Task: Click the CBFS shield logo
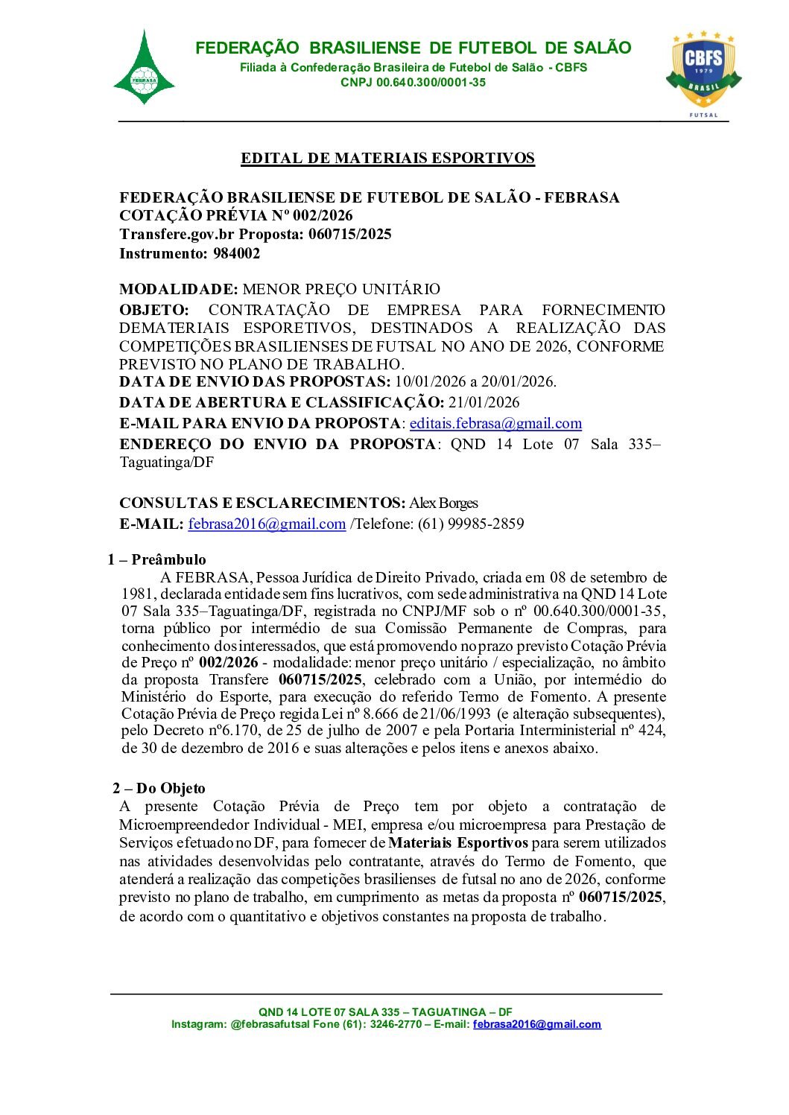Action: pos(703,69)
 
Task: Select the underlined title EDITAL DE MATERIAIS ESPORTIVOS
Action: pos(387,159)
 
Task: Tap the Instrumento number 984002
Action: pos(236,253)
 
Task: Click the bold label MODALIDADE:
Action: pos(179,289)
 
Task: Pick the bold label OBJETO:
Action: pos(154,310)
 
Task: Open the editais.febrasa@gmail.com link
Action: pos(495,424)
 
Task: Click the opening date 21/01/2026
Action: pos(484,403)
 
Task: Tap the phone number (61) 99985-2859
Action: pos(471,524)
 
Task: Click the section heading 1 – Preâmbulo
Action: pos(156,560)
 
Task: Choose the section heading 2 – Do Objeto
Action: pos(159,789)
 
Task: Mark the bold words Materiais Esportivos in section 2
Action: pos(458,843)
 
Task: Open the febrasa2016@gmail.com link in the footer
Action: pos(536,1025)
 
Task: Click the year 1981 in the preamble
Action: pos(139,594)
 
